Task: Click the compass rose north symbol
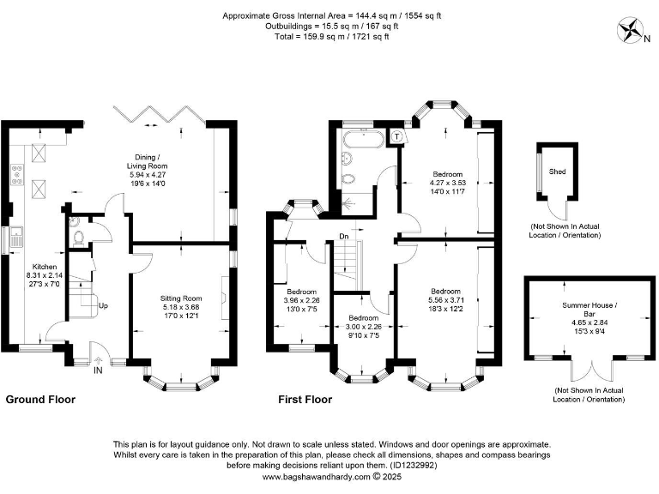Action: pos(629,30)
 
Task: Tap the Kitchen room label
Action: pos(45,267)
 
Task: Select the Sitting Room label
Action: pos(181,298)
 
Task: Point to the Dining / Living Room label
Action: pos(147,162)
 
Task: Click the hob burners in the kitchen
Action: pos(18,174)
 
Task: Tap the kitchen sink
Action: pos(17,237)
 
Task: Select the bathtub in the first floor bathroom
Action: pos(363,139)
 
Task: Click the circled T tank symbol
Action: pos(397,136)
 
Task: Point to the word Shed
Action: pos(557,172)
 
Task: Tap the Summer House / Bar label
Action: pos(589,310)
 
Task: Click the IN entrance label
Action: pos(98,370)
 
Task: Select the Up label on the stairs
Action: pos(103,305)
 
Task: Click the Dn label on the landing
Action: pos(344,237)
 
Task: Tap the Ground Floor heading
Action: pos(40,400)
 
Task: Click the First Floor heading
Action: pos(305,400)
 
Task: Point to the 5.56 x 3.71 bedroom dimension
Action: pos(445,300)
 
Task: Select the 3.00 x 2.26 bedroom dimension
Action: pos(363,327)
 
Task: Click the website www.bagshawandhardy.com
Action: pos(317,477)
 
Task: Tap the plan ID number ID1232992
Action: pos(414,466)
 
